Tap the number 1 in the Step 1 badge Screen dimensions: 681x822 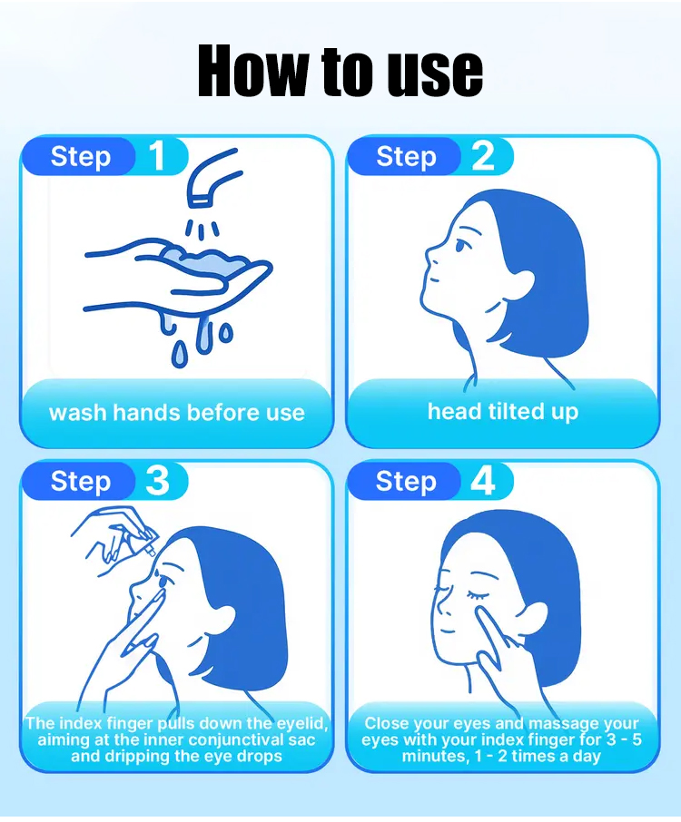[157, 156]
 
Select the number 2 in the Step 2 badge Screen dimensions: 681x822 [482, 156]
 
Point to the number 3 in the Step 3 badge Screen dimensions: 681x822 [157, 481]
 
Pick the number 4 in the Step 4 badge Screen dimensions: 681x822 [483, 481]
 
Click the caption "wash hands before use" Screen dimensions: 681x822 [177, 413]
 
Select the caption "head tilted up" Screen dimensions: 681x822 [503, 412]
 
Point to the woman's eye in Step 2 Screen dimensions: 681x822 [460, 245]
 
